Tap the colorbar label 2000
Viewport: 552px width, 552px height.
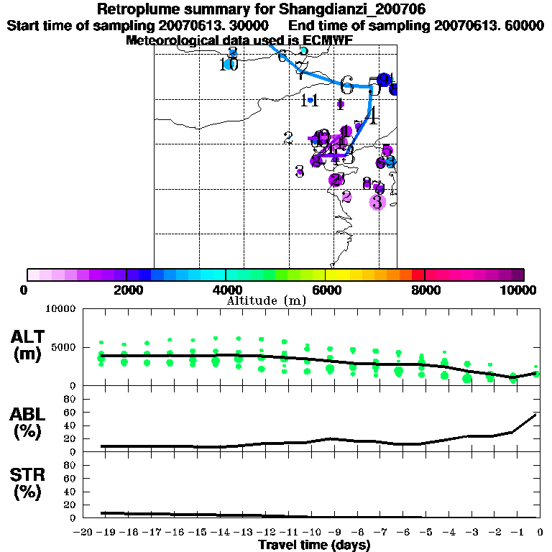pyautogui.click(x=126, y=290)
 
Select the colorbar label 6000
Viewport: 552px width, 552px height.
pyautogui.click(x=325, y=290)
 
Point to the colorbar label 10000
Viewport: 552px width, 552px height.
pyautogui.click(x=520, y=290)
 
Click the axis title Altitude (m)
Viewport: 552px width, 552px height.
pyautogui.click(x=267, y=300)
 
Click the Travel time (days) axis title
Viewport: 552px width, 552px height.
pyautogui.click(x=315, y=545)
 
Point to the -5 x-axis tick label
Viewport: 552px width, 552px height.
pyautogui.click(x=425, y=532)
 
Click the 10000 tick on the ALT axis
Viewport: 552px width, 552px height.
pyautogui.click(x=60, y=309)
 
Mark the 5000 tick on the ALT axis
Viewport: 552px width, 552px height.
pyautogui.click(x=63, y=347)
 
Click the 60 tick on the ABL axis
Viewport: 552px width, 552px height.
pyautogui.click(x=70, y=412)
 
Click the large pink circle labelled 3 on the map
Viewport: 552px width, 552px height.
pyautogui.click(x=377, y=202)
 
